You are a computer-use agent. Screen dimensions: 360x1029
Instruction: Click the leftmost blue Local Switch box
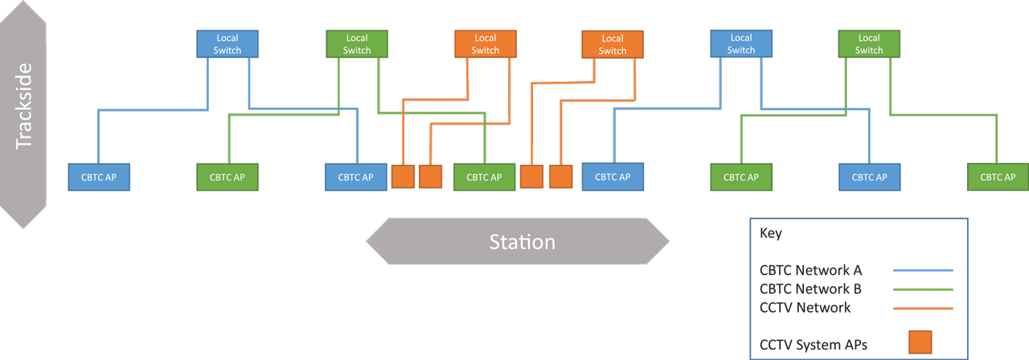[228, 43]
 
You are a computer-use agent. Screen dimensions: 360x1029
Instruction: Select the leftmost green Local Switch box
[357, 43]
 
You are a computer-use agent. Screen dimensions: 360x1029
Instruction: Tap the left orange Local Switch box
[486, 43]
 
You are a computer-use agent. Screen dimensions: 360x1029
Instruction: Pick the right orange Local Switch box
[613, 44]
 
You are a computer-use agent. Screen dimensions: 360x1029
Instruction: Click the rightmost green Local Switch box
[869, 43]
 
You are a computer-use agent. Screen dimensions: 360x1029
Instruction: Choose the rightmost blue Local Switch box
[741, 43]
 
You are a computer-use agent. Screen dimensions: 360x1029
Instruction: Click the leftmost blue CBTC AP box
[99, 177]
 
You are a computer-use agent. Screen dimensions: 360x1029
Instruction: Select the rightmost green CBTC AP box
[998, 177]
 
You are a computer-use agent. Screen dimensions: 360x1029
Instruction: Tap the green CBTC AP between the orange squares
[484, 177]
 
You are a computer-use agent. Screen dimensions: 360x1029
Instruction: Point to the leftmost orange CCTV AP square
[403, 177]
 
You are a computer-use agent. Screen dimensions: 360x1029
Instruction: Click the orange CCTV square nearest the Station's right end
[560, 177]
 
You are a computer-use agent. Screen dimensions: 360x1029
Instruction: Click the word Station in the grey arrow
[522, 242]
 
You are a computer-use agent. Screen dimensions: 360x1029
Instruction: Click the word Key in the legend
[771, 234]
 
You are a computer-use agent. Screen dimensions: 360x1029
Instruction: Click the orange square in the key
[920, 342]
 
